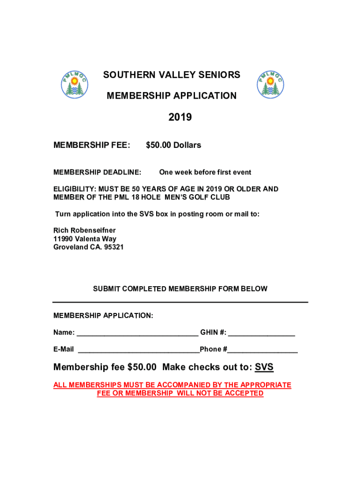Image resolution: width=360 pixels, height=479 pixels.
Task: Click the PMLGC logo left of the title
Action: click(x=75, y=84)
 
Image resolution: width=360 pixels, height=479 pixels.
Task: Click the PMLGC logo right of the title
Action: click(x=271, y=84)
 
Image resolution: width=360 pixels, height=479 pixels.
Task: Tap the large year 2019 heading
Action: click(x=180, y=117)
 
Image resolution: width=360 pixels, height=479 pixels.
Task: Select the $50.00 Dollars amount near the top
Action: click(x=173, y=145)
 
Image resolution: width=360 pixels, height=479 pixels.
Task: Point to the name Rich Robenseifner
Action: click(x=85, y=230)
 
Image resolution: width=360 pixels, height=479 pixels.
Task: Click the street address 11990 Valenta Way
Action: click(x=85, y=239)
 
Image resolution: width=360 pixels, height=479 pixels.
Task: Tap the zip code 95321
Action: click(x=114, y=247)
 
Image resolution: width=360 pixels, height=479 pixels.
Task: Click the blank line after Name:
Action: click(x=137, y=334)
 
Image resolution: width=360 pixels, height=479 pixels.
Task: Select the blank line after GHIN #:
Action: click(x=261, y=334)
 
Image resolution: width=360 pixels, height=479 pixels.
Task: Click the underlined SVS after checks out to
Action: click(x=264, y=367)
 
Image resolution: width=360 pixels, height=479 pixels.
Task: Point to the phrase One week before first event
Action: click(x=205, y=172)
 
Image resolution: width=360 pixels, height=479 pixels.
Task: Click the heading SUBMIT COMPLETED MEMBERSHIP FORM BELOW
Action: click(x=180, y=289)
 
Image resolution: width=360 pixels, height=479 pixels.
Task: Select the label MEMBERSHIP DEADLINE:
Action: click(x=97, y=172)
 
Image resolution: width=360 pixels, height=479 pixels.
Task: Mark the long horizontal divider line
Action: click(x=180, y=302)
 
